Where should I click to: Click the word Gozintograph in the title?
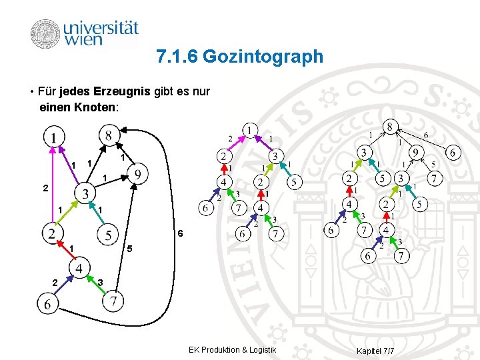point(263,57)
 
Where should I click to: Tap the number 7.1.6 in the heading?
point(177,57)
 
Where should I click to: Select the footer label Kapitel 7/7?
point(375,350)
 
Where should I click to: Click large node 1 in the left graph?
point(53,137)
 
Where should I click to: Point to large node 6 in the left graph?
point(48,304)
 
